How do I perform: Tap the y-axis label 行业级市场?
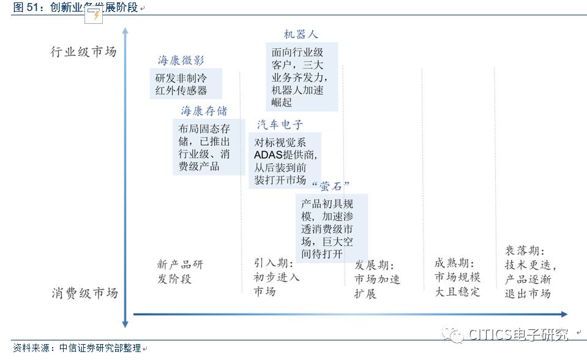(83, 51)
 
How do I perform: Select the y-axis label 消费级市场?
(84, 293)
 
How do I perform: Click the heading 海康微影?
(181, 60)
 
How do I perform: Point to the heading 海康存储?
(204, 111)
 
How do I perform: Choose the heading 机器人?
(301, 34)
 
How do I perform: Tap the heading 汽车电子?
(280, 125)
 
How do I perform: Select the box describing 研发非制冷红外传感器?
(185, 84)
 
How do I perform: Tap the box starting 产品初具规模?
(329, 228)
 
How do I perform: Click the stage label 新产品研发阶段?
(179, 272)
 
